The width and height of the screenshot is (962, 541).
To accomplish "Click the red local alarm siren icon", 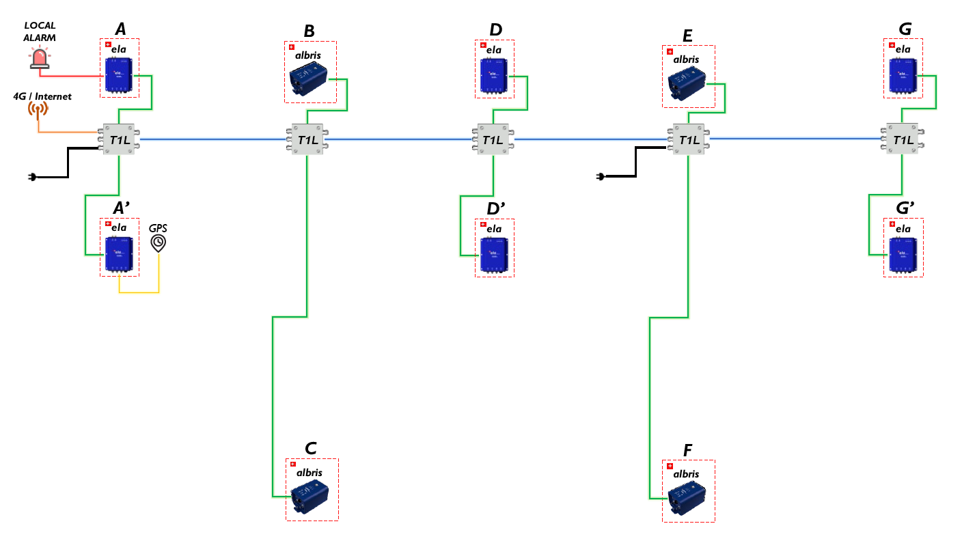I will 40,59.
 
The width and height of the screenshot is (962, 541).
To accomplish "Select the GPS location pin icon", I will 159,242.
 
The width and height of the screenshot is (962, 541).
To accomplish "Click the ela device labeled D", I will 494,76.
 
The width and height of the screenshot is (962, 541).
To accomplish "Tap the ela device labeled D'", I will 494,253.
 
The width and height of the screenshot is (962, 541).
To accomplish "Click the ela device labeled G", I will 903,74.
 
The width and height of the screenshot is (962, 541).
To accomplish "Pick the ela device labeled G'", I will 903,254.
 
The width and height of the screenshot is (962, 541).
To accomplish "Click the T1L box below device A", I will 120,139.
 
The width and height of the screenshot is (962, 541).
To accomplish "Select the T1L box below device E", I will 688,140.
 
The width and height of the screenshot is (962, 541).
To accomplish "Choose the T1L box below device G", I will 903,140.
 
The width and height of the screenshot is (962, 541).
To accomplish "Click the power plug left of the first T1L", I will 31,178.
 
